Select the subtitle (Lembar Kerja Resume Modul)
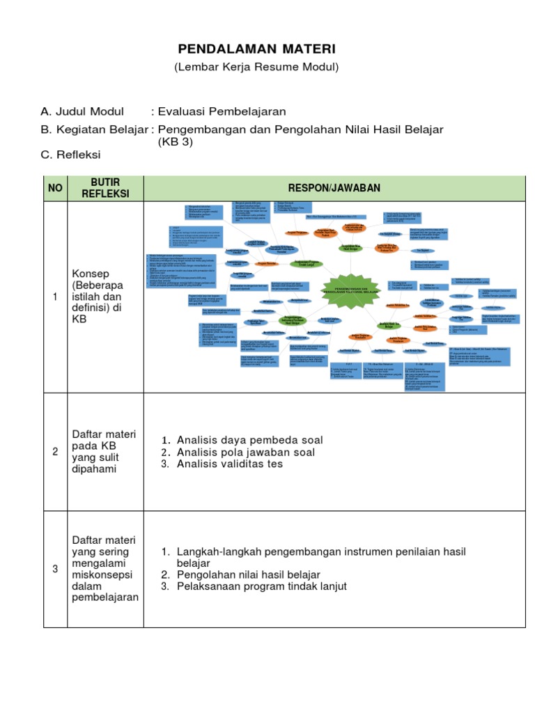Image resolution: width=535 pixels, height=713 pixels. tap(256, 67)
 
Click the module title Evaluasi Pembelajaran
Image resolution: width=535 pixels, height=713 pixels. tap(222, 111)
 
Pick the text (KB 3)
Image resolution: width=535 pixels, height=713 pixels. tap(176, 141)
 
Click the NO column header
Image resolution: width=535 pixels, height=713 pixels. tap(55, 188)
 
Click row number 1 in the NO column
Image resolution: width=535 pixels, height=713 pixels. tap(55, 297)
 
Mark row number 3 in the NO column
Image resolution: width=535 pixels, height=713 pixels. tap(55, 569)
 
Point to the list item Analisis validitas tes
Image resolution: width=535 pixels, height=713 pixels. tap(230, 464)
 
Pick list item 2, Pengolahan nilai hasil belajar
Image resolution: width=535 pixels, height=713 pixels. tap(248, 574)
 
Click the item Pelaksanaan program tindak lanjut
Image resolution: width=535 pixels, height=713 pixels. tap(261, 586)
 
